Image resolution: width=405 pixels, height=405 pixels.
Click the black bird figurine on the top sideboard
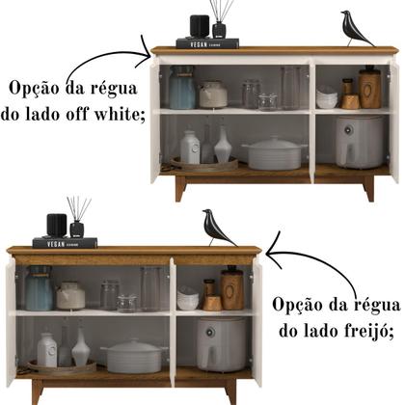(x=356, y=29)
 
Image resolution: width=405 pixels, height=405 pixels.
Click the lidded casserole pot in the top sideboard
(x=274, y=152)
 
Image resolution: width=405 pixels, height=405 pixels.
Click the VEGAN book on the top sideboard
(x=207, y=42)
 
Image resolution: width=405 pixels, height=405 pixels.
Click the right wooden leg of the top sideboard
(x=367, y=189)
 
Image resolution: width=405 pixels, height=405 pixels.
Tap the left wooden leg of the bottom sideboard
(x=37, y=391)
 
